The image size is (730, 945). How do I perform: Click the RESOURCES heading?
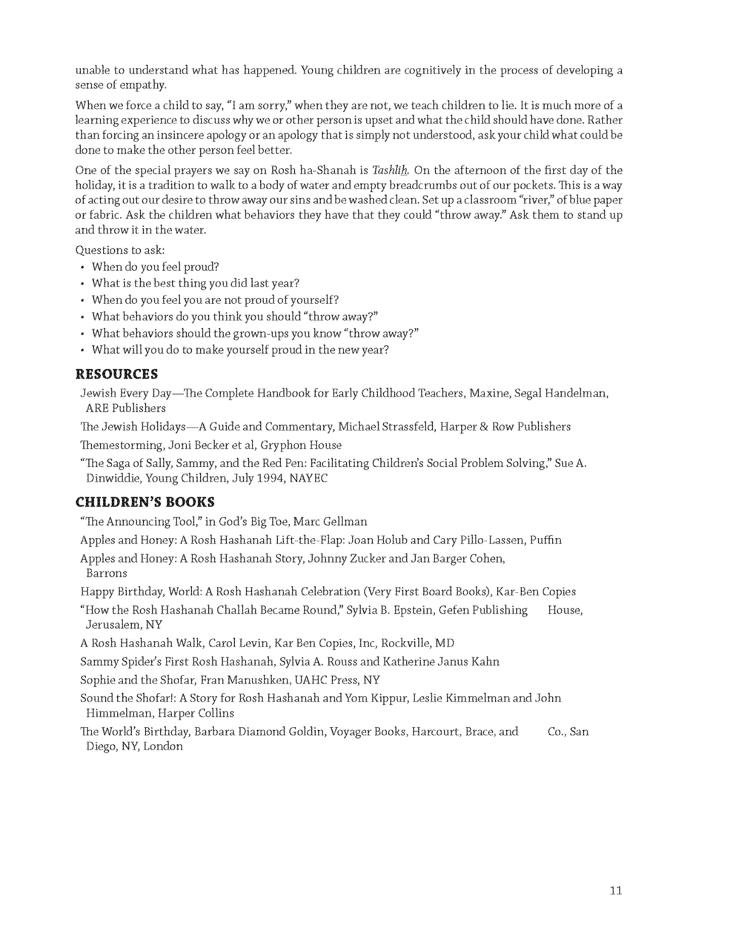(x=116, y=374)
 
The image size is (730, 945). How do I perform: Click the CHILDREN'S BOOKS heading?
(x=145, y=502)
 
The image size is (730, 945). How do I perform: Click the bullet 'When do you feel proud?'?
(x=155, y=267)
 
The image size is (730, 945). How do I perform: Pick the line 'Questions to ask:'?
(x=120, y=250)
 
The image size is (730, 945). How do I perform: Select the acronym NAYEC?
(x=309, y=478)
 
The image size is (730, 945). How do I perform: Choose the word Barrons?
(x=107, y=574)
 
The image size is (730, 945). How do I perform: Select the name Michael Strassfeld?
(x=386, y=427)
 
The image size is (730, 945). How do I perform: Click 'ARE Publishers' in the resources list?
(x=126, y=408)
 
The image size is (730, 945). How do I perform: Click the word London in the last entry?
(x=163, y=746)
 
